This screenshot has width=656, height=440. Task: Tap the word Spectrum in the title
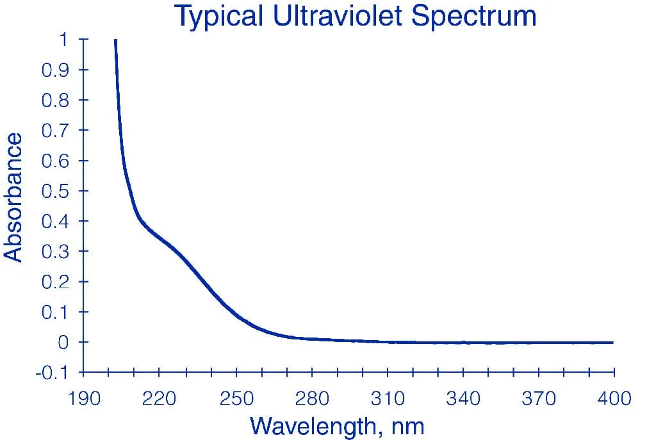point(473,17)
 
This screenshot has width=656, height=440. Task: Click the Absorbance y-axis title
point(13,197)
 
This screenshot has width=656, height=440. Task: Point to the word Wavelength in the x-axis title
point(313,426)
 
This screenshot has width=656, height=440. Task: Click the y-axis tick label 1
point(63,40)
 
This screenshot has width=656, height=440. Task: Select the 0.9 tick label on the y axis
point(55,70)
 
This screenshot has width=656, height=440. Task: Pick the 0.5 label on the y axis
point(55,191)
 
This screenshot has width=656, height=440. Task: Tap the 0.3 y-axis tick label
point(55,252)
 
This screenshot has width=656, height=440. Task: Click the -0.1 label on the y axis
point(52,372)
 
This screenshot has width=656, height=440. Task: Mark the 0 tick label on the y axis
point(63,343)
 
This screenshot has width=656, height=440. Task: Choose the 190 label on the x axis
point(84,398)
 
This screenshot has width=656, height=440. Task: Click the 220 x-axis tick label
point(159,398)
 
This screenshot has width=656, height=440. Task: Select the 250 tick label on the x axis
point(237,398)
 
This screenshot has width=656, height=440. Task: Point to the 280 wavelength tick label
point(312,398)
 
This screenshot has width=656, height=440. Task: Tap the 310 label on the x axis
point(388,398)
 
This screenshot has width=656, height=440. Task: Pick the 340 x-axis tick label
point(463,398)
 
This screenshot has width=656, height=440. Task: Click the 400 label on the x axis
point(614,398)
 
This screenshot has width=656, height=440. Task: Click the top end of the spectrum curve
point(115,40)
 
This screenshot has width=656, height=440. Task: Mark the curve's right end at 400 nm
point(612,343)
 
